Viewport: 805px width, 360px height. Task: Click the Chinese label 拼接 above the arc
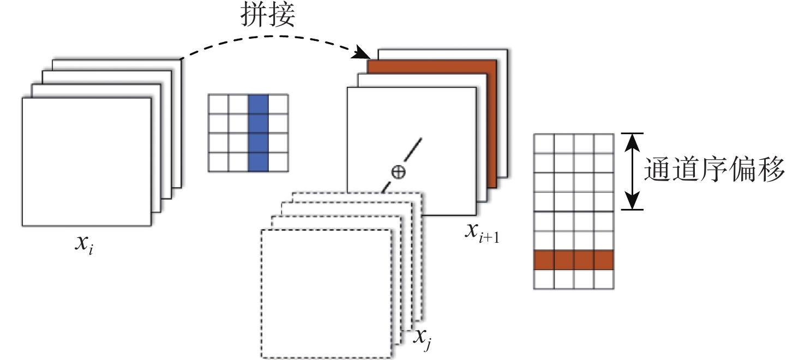(268, 16)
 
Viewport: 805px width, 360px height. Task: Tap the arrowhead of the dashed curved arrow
(362, 53)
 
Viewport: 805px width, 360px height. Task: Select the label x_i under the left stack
(85, 245)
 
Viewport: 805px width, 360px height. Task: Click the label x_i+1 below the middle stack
(482, 232)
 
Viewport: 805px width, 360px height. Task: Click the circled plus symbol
(398, 172)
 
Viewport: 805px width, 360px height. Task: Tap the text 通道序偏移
(714, 169)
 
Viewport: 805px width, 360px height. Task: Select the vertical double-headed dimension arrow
(632, 171)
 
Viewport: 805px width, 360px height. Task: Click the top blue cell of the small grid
(258, 104)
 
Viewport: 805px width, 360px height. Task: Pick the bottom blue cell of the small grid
(258, 162)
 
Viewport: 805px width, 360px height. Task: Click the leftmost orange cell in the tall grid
(544, 260)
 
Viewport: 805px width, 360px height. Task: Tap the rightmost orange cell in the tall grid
(604, 260)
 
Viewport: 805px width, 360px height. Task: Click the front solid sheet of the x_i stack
(87, 162)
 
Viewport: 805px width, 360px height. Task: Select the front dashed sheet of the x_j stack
(326, 293)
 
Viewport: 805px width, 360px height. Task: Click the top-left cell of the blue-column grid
(218, 104)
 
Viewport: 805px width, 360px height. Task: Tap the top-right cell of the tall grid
(604, 143)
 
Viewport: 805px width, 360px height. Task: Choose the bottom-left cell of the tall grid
(544, 279)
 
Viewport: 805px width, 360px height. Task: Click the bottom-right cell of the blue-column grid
(278, 162)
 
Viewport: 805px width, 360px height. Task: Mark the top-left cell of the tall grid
(544, 143)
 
